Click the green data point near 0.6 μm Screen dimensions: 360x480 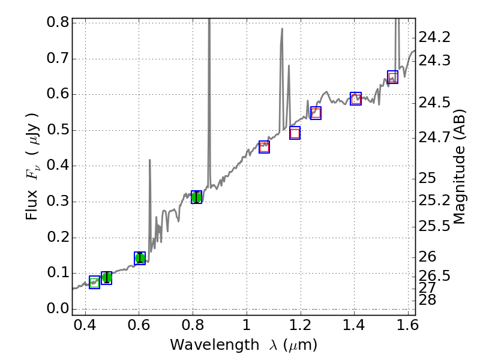point(140,258)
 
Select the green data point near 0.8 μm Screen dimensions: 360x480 point(196,197)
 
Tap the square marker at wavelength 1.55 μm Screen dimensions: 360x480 point(392,77)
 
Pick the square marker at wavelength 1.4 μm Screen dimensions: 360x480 point(356,98)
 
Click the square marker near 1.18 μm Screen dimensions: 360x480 point(295,133)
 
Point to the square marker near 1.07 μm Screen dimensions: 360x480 point(264,147)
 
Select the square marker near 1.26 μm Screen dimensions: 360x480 point(316,113)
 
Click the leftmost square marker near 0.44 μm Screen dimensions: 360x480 point(94,282)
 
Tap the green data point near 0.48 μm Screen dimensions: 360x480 point(107,277)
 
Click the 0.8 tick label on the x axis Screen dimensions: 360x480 point(193,328)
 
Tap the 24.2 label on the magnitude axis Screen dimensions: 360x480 point(434,37)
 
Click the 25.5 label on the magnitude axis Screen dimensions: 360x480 point(434,226)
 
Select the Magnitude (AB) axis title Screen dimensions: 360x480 point(460,166)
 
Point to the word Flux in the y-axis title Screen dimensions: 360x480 point(33,205)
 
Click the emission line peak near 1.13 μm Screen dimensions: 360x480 point(281,29)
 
